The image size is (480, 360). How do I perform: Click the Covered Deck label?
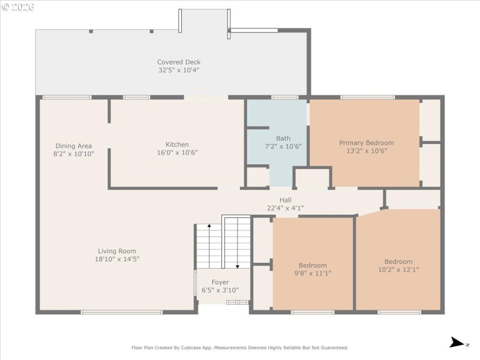point(179,62)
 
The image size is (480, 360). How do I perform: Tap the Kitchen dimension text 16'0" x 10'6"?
point(177,152)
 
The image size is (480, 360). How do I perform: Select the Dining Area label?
point(74,146)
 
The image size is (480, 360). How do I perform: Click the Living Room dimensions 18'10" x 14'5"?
point(118,259)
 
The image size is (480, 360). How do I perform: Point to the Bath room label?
point(283,138)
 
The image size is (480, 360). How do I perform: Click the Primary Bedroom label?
point(367,143)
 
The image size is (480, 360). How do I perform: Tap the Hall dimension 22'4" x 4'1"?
point(286,208)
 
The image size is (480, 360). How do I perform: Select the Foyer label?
point(220,282)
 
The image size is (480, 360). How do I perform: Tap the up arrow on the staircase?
point(209,227)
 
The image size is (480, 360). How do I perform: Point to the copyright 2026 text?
point(18,7)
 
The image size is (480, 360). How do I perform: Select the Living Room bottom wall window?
point(122,312)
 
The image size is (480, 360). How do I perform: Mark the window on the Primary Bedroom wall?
point(367,97)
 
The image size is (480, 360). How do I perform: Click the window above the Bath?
point(284,97)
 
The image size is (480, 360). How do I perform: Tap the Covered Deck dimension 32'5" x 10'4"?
point(179,70)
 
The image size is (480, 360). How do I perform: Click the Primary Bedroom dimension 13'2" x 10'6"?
point(367,151)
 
